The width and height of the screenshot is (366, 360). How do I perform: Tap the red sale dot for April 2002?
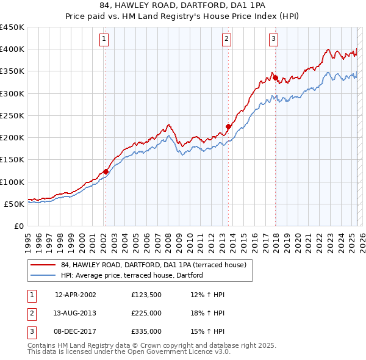click(106, 171)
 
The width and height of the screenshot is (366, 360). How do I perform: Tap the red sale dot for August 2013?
click(228, 127)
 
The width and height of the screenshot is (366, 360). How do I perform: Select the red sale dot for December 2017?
click(275, 78)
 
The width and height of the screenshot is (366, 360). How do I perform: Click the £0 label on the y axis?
click(18, 226)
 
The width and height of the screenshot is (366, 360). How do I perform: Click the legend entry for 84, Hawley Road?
click(153, 265)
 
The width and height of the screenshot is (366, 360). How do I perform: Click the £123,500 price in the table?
click(146, 295)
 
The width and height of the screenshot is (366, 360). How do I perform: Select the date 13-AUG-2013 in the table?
click(75, 313)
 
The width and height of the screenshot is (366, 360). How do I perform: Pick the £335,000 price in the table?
click(146, 331)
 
